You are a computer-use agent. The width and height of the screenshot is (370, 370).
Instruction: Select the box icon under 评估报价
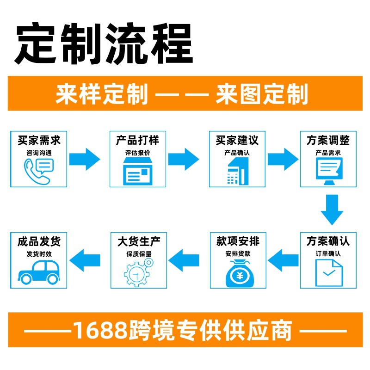pos(137,170)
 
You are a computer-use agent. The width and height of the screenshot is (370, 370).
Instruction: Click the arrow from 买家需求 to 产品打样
pos(85,160)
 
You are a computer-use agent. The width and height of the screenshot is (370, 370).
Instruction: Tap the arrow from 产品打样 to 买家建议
pos(184,160)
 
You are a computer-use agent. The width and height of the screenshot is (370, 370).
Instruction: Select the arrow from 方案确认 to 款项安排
pos(284,260)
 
